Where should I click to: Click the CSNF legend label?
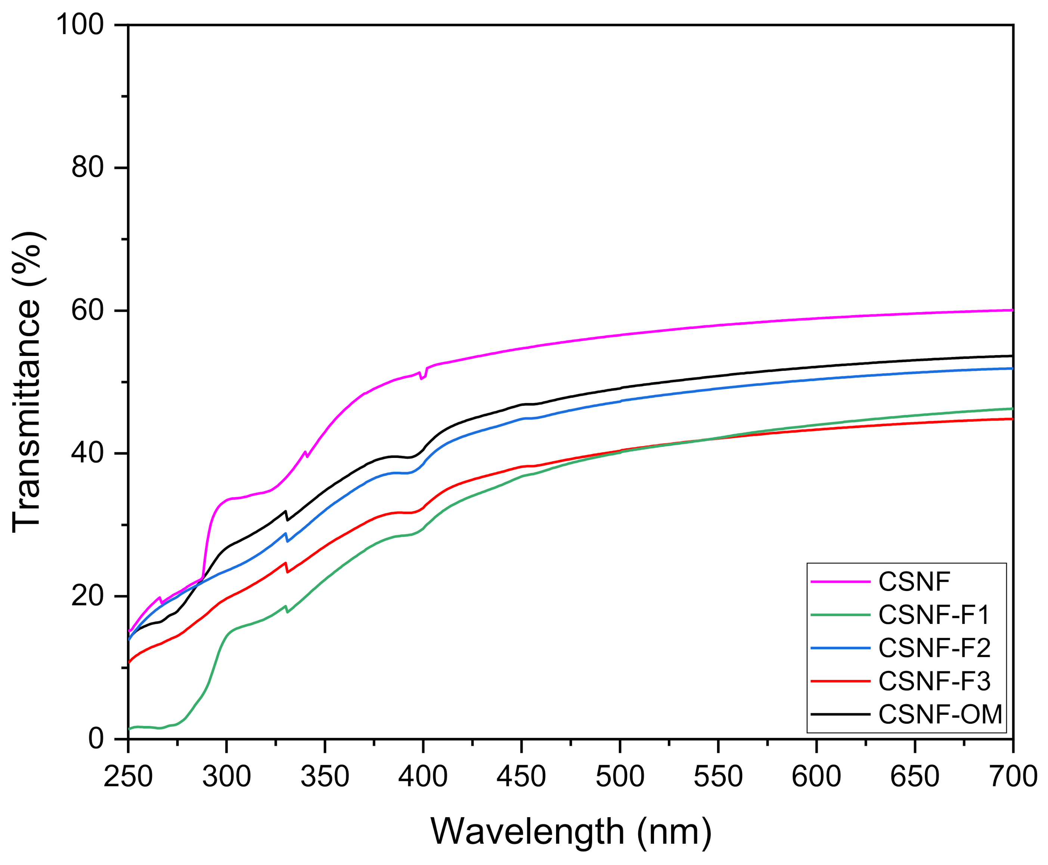click(914, 582)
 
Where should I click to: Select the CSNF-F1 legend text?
click(934, 615)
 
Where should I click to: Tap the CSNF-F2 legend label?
click(934, 648)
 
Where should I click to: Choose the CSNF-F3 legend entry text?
click(934, 681)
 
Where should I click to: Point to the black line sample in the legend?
click(841, 714)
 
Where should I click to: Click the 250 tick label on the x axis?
click(128, 776)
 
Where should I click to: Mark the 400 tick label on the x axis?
click(423, 776)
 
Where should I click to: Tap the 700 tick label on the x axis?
click(1013, 776)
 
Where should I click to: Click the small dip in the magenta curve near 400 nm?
click(422, 378)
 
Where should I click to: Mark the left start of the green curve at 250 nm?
click(130, 729)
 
